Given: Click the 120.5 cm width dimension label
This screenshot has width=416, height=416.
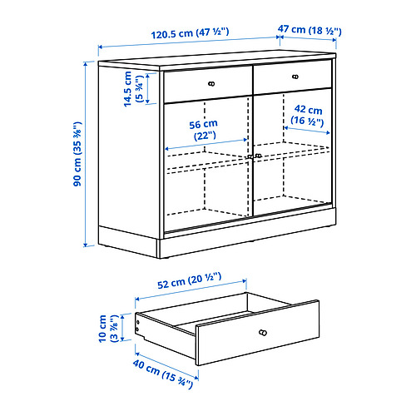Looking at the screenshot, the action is point(190,33).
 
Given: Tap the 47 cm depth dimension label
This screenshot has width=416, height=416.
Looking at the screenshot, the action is point(310,30).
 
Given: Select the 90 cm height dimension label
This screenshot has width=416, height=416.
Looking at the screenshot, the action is point(77,154).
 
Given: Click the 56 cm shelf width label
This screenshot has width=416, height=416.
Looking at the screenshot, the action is point(203,130).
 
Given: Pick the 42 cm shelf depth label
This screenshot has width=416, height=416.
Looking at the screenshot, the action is point(308,116).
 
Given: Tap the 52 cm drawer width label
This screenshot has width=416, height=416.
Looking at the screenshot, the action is point(190,280).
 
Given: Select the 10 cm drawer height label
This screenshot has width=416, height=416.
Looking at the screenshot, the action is point(108,329).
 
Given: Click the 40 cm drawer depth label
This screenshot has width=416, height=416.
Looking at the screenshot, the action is point(162,374).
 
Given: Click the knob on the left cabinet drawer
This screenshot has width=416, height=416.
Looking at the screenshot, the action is point(211,83).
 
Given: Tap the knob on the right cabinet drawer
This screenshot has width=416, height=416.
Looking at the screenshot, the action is point(295,77).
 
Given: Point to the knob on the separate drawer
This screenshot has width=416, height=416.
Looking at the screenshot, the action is point(263,333).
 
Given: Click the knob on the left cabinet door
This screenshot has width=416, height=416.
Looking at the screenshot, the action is point(250,157).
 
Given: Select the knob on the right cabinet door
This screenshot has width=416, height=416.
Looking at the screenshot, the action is point(259,156).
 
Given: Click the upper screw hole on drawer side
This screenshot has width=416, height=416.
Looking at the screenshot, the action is point(137,322).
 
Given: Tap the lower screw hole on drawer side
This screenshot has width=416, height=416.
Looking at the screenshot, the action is point(137,329).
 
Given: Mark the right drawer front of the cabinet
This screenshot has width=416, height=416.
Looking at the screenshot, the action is point(293,77).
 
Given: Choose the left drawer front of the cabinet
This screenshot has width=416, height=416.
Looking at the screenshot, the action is point(208,84).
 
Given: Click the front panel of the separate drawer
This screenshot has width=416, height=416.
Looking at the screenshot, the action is point(258,333).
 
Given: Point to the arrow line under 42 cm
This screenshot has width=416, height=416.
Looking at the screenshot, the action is point(307,131).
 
